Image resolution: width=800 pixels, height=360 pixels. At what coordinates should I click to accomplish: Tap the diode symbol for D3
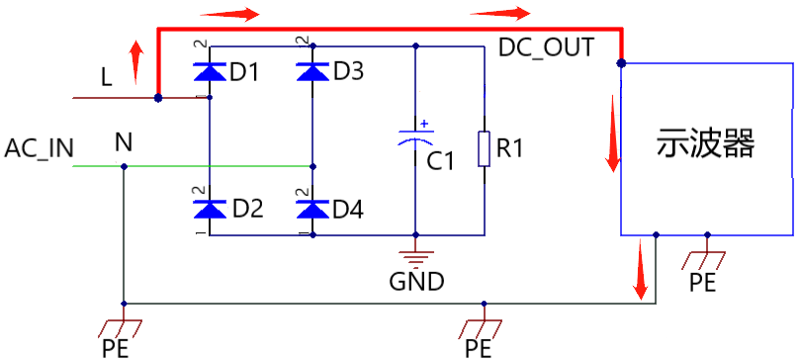pyautogui.click(x=313, y=71)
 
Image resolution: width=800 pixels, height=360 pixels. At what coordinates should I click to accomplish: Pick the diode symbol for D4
pyautogui.click(x=313, y=209)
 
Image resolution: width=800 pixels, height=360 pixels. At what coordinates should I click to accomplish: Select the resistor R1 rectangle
pyautogui.click(x=485, y=148)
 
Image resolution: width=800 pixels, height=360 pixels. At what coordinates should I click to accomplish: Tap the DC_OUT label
pyautogui.click(x=546, y=47)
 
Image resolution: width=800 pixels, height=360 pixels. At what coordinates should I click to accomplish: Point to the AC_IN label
pyautogui.click(x=39, y=148)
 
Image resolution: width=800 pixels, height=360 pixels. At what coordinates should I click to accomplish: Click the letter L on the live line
pyautogui.click(x=106, y=77)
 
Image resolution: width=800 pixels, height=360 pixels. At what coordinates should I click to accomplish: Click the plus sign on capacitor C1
pyautogui.click(x=424, y=124)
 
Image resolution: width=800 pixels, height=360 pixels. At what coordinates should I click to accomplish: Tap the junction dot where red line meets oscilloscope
pyautogui.click(x=621, y=63)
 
